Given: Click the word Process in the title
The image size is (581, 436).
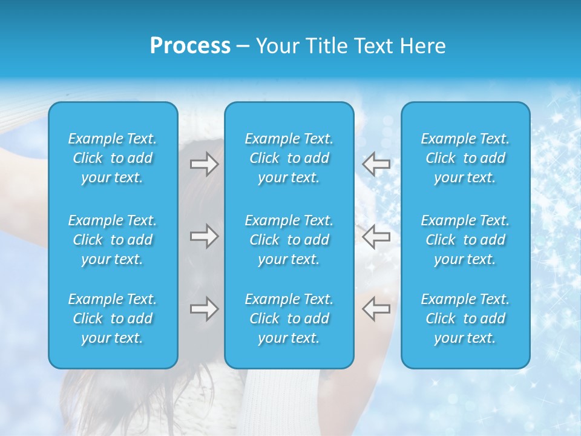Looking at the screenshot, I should pyautogui.click(x=190, y=46).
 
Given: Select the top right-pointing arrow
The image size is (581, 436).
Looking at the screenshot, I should pyautogui.click(x=204, y=163).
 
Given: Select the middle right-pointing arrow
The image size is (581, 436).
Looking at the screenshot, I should pyautogui.click(x=204, y=236).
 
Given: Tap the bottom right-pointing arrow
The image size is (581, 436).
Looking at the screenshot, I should pyautogui.click(x=204, y=309).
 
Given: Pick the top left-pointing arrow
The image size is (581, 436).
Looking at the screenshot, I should pyautogui.click(x=376, y=163).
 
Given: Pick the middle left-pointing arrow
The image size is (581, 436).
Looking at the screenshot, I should pyautogui.click(x=376, y=236).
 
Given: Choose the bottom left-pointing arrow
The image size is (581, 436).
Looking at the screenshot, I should pyautogui.click(x=376, y=309).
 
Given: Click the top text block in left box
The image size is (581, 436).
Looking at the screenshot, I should pyautogui.click(x=113, y=158).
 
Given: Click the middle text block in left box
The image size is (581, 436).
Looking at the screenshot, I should pyautogui.click(x=113, y=240).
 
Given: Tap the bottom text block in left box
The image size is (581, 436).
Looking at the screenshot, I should pyautogui.click(x=113, y=319).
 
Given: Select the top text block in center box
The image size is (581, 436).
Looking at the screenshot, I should pyautogui.click(x=289, y=158).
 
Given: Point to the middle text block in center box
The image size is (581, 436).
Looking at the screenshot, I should pyautogui.click(x=289, y=240).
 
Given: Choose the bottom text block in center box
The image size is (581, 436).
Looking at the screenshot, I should pyautogui.click(x=289, y=319).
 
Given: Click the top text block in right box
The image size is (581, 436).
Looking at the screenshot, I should pyautogui.click(x=465, y=158).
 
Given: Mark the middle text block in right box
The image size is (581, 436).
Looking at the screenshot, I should pyautogui.click(x=465, y=240).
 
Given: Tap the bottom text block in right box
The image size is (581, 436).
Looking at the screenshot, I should pyautogui.click(x=465, y=319).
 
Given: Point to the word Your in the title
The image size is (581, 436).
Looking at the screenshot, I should pyautogui.click(x=277, y=46).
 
